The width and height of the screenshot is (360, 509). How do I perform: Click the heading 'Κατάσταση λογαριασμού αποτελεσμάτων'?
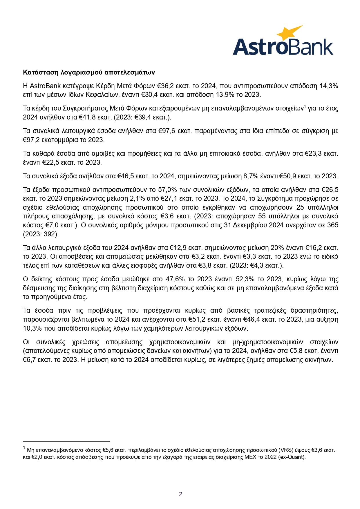tap(89, 72)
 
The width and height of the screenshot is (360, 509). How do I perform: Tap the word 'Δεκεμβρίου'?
tap(250, 225)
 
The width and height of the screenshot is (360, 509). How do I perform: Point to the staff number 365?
tap(333, 225)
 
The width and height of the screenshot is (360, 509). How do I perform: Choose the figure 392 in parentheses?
tap(52, 234)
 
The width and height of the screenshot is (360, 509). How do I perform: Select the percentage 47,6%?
tap(175, 279)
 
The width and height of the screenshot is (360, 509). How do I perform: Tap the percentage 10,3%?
tap(32, 328)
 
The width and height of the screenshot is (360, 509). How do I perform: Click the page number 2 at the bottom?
tap(180, 494)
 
